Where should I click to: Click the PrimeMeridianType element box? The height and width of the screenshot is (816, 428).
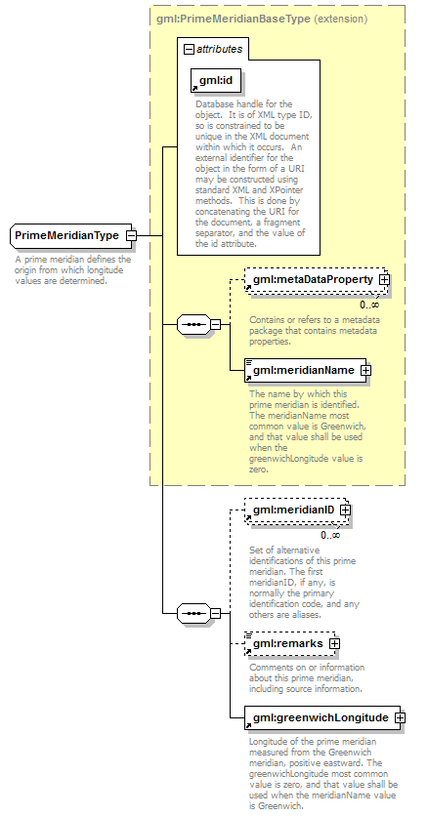coord(69,235)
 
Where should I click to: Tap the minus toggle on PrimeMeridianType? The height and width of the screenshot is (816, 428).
coord(131,235)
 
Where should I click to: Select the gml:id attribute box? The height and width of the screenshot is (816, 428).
coord(216,81)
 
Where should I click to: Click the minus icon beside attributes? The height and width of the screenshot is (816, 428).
coord(189,49)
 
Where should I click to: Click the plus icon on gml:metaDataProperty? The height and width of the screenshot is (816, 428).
coord(385,279)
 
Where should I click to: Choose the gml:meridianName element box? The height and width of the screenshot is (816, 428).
coord(305,371)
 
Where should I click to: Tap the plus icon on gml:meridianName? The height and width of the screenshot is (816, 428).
coord(366,371)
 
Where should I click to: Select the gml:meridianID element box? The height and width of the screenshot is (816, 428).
coord(295,510)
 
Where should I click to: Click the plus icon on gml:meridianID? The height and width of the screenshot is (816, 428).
coord(345,510)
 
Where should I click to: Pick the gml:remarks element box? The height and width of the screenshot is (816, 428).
coord(289,644)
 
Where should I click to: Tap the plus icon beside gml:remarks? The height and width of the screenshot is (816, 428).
coord(334,644)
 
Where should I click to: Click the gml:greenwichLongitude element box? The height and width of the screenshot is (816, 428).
coord(322,718)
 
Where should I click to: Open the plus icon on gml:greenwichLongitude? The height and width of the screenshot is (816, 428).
coord(401,717)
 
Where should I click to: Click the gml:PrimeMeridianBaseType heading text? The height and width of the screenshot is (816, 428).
coord(233,20)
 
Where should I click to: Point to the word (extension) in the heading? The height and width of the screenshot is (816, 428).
coord(341,20)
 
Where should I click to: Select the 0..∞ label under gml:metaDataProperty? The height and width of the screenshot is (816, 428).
coord(369,305)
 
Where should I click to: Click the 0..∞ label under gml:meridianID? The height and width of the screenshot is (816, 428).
coord(330,536)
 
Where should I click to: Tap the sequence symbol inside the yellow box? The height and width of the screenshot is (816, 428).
coord(193,325)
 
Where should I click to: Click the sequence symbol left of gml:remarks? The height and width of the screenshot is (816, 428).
coord(193,614)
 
